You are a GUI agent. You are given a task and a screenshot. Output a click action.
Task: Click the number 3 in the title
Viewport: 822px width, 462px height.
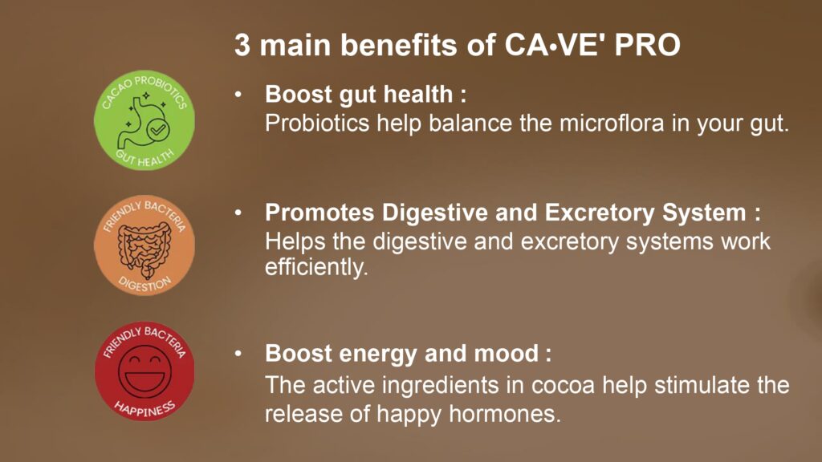[242, 45]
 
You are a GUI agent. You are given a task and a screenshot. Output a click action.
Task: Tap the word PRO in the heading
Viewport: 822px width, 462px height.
[648, 45]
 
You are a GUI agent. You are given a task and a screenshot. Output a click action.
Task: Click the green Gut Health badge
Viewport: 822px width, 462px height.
[144, 120]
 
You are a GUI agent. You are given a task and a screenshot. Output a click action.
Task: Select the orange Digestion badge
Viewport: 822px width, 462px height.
[144, 245]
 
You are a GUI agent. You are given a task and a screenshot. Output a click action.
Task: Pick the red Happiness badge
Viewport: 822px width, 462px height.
[144, 371]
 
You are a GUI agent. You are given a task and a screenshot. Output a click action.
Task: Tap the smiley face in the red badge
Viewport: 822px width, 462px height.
[144, 371]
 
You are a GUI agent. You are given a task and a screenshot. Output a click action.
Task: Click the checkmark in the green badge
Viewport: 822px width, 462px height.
[158, 129]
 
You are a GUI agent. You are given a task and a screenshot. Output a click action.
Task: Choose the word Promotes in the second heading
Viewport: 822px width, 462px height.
[319, 213]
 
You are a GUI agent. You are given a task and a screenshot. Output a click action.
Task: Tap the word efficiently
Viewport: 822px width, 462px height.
[316, 268]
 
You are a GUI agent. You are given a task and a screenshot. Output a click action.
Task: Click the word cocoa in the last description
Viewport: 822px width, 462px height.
[563, 386]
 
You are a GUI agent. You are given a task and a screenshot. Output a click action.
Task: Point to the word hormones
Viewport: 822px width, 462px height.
[505, 415]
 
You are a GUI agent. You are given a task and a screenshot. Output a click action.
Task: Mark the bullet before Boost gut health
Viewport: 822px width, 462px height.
[238, 95]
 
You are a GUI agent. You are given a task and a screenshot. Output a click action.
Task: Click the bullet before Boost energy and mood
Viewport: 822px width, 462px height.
[238, 354]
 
